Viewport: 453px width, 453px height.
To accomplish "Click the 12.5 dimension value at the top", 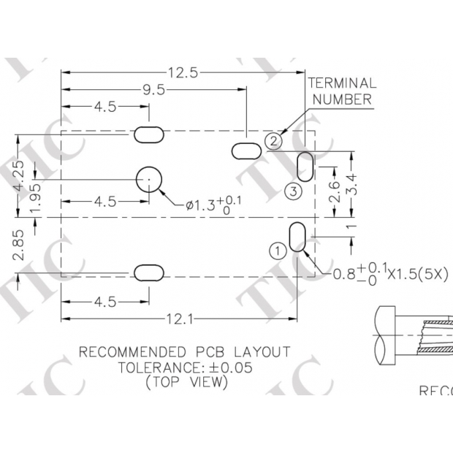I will (x=183, y=72).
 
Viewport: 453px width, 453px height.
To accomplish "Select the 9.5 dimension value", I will (x=153, y=90).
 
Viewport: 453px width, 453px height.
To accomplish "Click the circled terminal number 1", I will (x=277, y=251).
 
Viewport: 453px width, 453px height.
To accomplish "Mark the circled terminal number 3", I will (x=292, y=191).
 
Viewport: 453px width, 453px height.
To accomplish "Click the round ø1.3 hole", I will (x=150, y=178).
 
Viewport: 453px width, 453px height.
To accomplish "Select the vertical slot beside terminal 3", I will (x=305, y=166).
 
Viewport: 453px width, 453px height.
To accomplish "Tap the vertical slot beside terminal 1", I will (x=297, y=237).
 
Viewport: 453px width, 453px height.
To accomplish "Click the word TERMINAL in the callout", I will (x=342, y=83).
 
